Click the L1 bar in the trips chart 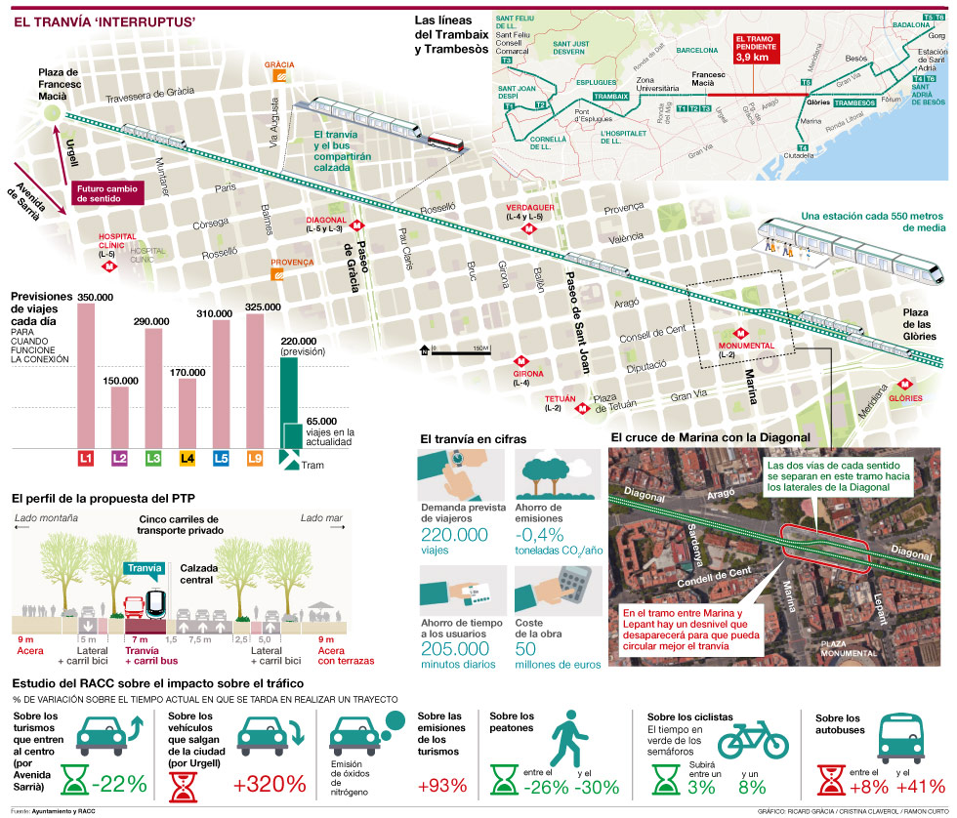86,376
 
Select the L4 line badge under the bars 186,457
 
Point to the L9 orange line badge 254,457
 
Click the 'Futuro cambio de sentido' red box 106,191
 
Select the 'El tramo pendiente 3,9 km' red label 758,50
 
